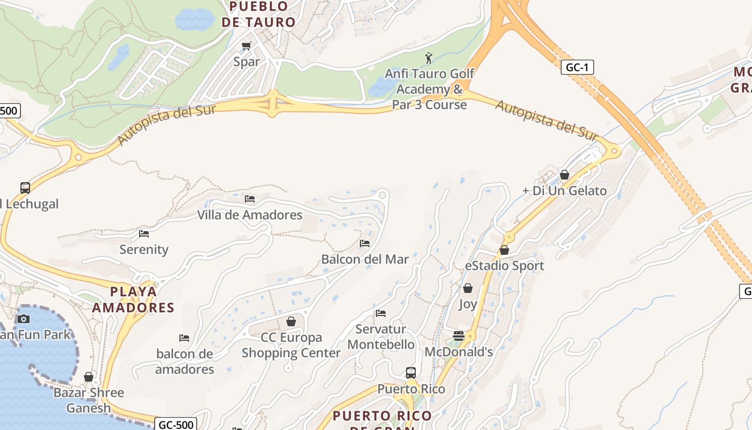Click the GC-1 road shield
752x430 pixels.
tap(577, 68)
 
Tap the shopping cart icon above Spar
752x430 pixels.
tap(247, 46)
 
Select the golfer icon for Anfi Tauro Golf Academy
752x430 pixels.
tap(429, 58)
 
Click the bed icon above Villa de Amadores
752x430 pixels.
tap(250, 199)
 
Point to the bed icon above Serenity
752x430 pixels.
tap(144, 234)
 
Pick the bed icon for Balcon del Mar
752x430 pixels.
tap(365, 243)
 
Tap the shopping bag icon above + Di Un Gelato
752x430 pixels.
tap(565, 175)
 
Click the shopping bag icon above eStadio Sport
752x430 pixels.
tap(504, 250)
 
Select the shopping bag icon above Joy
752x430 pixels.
tap(468, 288)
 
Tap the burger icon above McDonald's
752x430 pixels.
tap(459, 336)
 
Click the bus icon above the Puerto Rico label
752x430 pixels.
tap(411, 372)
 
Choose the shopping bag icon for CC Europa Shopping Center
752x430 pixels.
tap(291, 321)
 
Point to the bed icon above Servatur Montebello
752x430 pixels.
tap(381, 313)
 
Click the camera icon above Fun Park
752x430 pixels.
tap(23, 319)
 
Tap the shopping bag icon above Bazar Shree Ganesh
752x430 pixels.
tap(89, 377)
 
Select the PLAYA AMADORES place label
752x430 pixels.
tap(133, 299)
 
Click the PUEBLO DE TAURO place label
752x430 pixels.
tap(259, 15)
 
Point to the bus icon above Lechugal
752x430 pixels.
tap(25, 188)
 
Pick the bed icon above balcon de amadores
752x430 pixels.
tap(184, 338)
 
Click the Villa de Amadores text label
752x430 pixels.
tap(250, 215)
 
